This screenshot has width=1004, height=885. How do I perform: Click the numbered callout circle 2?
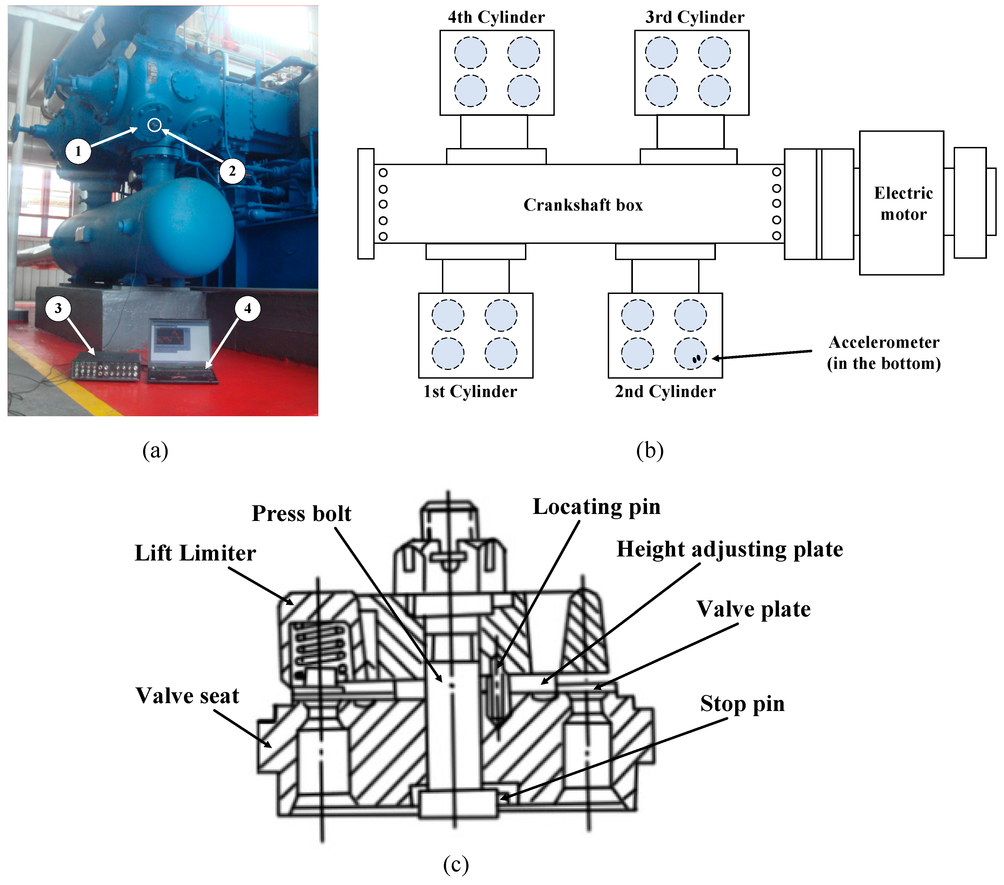pos(232,171)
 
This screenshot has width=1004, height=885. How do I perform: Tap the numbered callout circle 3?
pos(58,308)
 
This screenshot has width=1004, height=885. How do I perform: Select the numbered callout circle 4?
pos(247,308)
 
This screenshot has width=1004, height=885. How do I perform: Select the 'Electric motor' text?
pos(903,204)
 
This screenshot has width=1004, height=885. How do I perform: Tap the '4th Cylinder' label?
pos(496,18)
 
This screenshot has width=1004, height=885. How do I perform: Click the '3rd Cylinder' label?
pos(695,18)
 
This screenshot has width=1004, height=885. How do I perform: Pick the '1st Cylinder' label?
pos(470,392)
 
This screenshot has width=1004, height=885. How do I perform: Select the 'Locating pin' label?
pos(596,507)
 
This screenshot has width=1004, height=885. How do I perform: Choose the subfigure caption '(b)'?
pos(649,450)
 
